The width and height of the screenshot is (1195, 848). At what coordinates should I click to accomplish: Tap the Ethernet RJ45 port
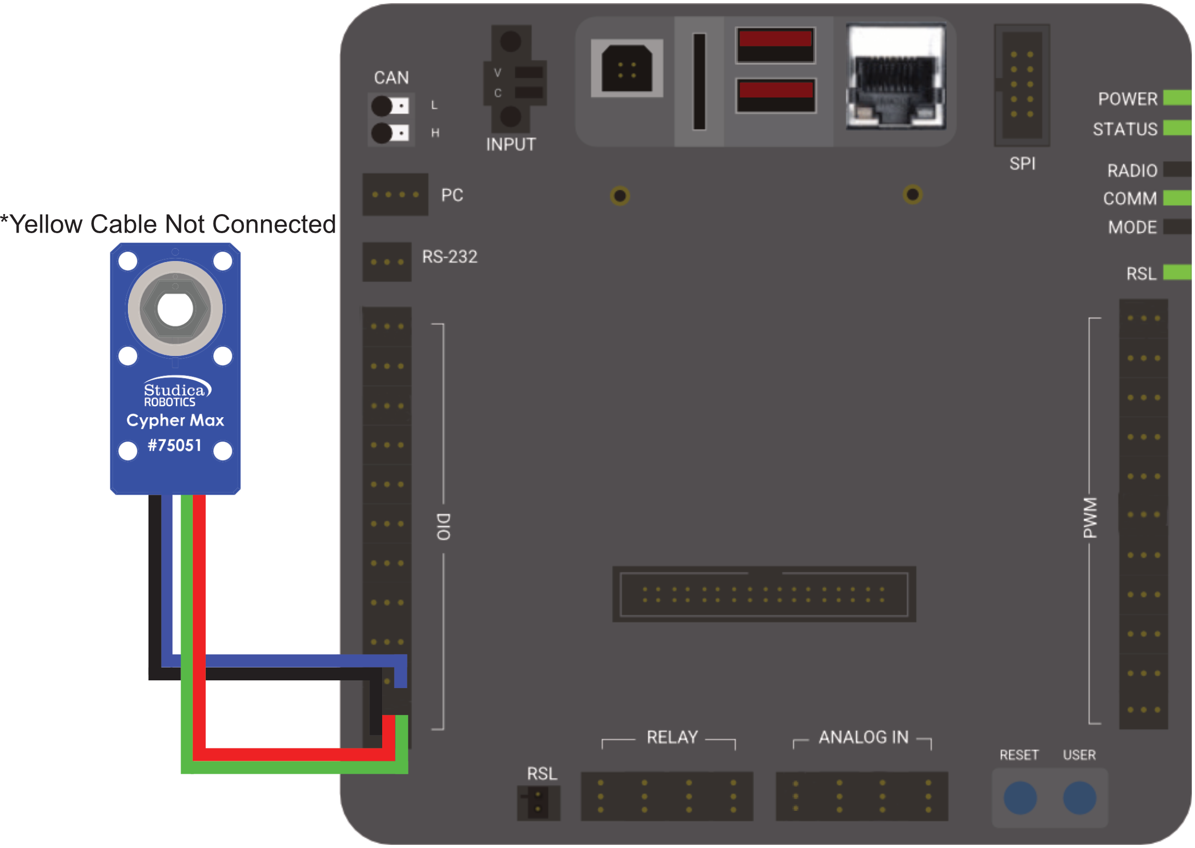coord(895,77)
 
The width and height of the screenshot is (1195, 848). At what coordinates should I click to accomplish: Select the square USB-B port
coord(627,69)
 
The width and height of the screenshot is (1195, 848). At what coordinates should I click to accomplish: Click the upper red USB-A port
coord(775,45)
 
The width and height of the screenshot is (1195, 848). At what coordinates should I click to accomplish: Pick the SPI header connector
coord(1022,85)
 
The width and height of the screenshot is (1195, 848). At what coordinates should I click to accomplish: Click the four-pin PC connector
coord(395,194)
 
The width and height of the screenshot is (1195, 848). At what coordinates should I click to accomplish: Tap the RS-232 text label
coord(450,257)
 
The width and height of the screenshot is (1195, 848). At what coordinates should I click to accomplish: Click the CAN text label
coord(391,78)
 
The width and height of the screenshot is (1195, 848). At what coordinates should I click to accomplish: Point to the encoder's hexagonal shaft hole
coord(175,309)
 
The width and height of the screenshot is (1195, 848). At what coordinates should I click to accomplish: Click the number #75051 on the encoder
coord(174,446)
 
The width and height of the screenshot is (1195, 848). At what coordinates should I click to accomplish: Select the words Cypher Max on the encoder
coord(175,420)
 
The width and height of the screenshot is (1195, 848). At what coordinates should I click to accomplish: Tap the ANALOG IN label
coord(863,737)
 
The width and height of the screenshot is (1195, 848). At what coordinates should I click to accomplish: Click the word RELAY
coord(672,737)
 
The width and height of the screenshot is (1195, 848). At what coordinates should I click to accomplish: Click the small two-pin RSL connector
coord(538,803)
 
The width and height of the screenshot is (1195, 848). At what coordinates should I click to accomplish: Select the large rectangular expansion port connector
coord(764,594)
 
